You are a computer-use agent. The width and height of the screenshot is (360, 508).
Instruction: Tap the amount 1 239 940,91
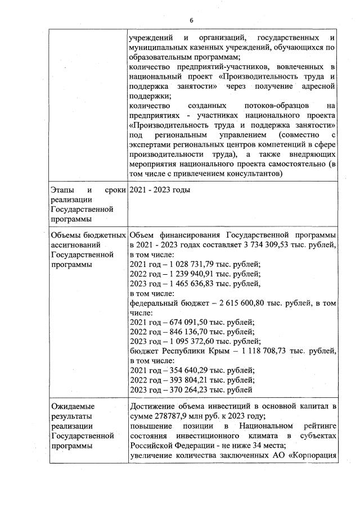click(x=190, y=274)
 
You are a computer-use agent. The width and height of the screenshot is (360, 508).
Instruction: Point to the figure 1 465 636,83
click(x=190, y=284)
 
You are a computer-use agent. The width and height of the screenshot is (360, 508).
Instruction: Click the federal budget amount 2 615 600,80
click(x=243, y=303)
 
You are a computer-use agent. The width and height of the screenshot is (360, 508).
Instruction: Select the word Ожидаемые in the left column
click(x=73, y=406)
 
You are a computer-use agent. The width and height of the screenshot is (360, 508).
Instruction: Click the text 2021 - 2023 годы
click(x=160, y=189)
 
